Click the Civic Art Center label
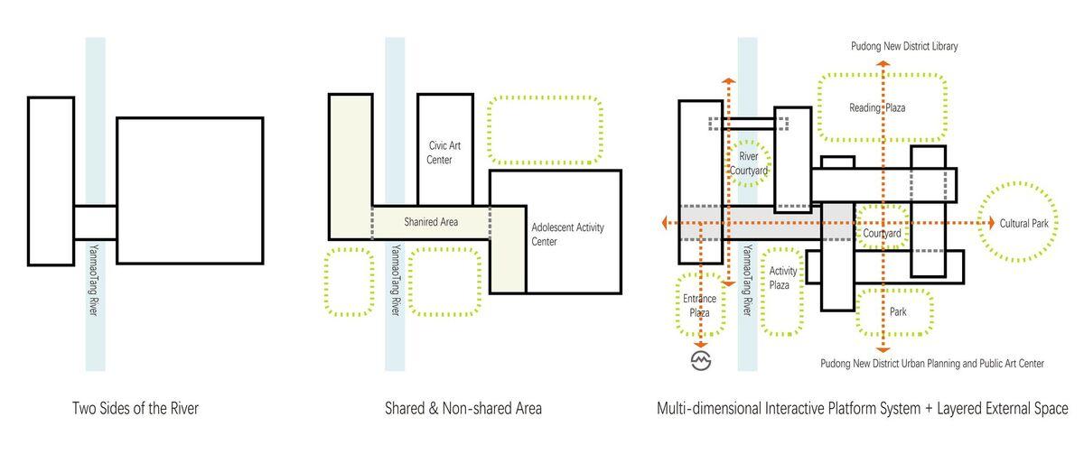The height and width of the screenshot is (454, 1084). pos(444,153)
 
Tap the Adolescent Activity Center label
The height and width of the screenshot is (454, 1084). pos(567,235)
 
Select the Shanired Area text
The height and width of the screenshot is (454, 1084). pos(431,222)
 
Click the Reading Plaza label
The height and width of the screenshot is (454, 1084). pos(877,107)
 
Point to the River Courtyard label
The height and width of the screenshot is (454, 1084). pos(748,163)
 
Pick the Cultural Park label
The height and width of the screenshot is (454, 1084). pos(1024,223)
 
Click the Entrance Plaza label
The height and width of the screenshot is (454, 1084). pos(699,306)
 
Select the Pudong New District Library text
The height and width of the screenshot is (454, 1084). pos(904,46)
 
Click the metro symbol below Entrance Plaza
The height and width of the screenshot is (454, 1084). pos(701,360)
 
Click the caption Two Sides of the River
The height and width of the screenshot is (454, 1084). pos(135,409)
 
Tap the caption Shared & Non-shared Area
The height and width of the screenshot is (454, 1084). pos(463,409)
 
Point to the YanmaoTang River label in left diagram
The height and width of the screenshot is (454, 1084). pos(94,281)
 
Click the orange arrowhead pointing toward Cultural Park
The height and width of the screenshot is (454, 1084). pos(991,223)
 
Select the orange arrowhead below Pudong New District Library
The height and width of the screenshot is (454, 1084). pos(883,64)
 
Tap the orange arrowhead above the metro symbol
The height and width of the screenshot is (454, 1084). pos(701,345)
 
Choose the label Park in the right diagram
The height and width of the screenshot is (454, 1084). pos(898,312)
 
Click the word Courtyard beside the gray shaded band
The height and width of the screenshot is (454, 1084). pos(882,234)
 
